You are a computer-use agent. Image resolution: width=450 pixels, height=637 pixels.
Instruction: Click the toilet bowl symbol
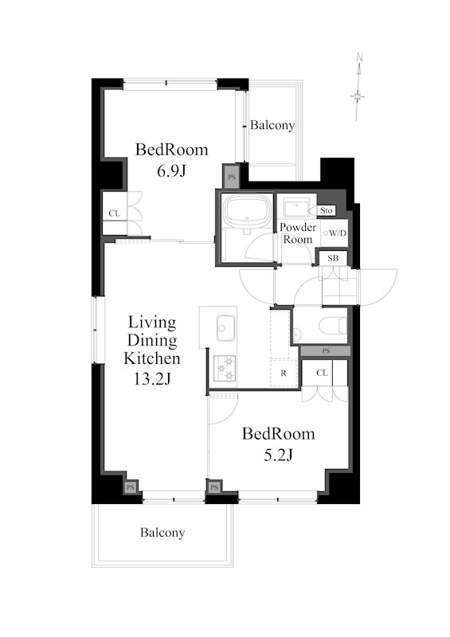coord(333,326)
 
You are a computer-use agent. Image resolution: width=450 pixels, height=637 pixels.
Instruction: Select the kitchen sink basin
coord(225,327)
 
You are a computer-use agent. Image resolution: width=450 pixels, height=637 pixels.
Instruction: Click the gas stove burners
coord(225,368)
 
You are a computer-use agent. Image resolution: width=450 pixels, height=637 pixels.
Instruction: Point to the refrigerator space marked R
coord(284,373)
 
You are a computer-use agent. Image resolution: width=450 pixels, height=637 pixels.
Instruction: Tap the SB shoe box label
coord(332,258)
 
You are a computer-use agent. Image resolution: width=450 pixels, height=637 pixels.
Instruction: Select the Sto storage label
coord(326,210)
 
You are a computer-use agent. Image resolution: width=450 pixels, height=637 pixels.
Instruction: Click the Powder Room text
coord(298,233)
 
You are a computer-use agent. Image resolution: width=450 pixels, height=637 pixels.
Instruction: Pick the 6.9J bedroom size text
coord(171,171)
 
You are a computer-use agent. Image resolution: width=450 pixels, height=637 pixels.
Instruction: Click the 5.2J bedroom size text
coord(278,455)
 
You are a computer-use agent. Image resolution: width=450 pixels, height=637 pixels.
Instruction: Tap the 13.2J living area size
coord(152,379)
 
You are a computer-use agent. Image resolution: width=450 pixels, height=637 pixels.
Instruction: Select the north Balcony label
coord(272,125)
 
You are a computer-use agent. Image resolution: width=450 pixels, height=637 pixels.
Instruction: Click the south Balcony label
coord(162,532)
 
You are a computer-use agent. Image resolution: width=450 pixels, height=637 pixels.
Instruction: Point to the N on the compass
coord(359,57)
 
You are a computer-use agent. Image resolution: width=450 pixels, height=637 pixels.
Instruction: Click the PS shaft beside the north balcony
coord(231,177)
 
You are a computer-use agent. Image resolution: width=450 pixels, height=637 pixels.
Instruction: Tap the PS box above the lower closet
coord(326,351)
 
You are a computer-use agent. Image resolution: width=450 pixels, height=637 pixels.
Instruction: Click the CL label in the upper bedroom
coord(114,213)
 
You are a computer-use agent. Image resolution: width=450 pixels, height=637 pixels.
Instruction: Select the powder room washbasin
coord(297,207)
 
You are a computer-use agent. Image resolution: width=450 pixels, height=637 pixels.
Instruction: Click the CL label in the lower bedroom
coord(322,373)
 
